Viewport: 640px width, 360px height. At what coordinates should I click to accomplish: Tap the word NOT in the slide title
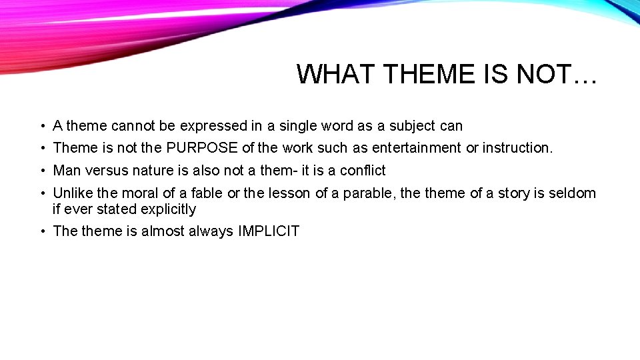pos(543,74)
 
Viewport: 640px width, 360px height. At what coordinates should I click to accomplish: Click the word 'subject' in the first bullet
pos(412,126)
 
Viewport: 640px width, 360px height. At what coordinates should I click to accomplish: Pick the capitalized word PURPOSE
pos(202,147)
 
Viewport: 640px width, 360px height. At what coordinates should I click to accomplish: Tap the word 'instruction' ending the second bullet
pos(517,147)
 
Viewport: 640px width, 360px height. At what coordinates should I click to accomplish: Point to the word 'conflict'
pos(363,170)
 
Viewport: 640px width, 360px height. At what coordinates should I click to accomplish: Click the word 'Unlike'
pos(73,193)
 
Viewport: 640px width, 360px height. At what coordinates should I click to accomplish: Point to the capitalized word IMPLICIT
pos(269,231)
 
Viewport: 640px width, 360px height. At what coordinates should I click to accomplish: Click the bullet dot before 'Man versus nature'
pos(42,171)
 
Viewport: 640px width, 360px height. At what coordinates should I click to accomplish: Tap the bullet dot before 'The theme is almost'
pos(42,232)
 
